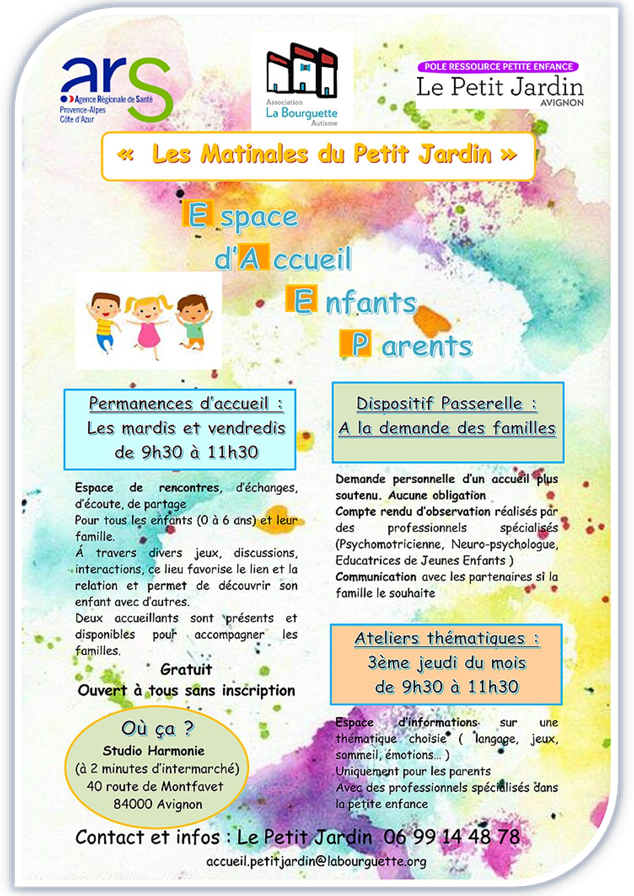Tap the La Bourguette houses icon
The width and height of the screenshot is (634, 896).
[x=302, y=71]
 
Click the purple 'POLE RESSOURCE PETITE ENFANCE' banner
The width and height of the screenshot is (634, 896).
[x=498, y=67]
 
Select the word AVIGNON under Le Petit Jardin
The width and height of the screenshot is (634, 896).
[x=562, y=103]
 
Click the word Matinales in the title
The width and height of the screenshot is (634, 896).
[x=254, y=154]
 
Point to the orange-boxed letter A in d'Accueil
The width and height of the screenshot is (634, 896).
[x=253, y=258]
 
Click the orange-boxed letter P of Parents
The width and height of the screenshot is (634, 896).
[x=356, y=344]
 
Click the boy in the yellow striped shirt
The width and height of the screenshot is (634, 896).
[x=104, y=321]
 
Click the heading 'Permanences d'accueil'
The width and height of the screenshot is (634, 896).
[x=186, y=403]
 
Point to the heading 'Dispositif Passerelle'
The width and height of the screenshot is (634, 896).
[x=447, y=403]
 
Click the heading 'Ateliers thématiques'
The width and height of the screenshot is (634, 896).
[x=447, y=638]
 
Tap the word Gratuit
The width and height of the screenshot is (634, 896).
[x=186, y=669]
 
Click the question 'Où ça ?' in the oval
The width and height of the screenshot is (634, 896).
[x=157, y=728]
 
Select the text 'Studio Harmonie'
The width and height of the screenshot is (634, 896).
[x=154, y=750]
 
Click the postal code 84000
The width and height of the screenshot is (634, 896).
[x=133, y=804]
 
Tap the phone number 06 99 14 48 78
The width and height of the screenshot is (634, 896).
[x=452, y=837]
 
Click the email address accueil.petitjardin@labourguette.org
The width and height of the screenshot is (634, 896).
[x=316, y=861]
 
